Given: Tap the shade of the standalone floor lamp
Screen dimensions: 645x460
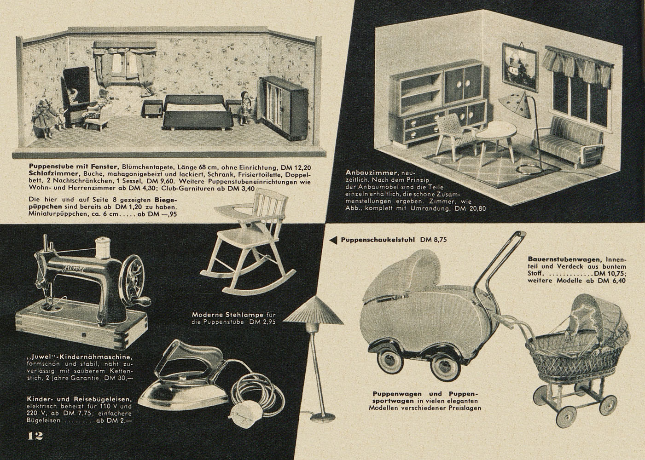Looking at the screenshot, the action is (313, 310).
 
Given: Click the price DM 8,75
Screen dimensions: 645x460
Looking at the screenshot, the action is (433, 240).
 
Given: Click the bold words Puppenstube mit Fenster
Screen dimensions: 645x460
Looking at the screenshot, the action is (74, 167).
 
